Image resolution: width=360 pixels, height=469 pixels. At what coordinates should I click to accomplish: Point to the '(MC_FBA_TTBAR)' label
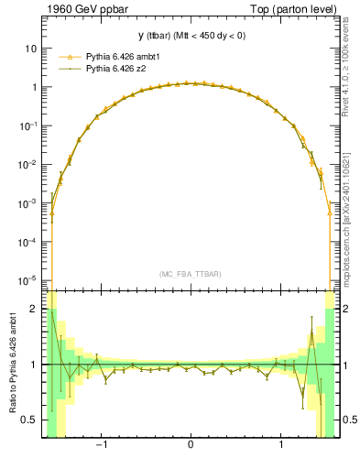coord(190,274)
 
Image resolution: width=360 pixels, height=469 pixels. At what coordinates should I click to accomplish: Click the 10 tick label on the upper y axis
coord(31,48)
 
